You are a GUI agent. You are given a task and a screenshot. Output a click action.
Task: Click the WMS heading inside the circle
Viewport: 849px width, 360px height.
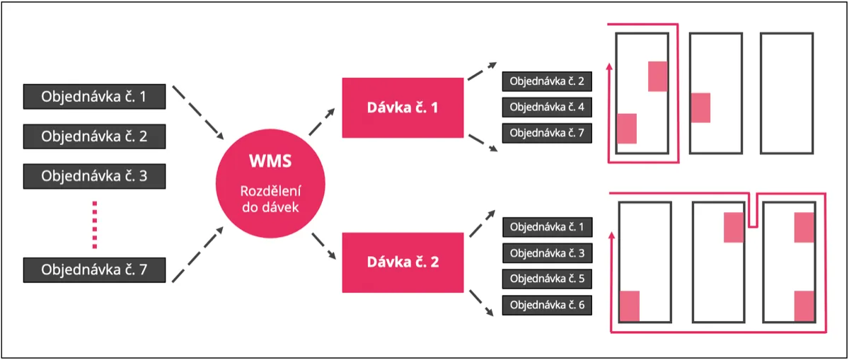pyautogui.click(x=270, y=161)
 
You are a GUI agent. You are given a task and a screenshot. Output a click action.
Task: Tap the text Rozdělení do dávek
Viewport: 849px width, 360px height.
pyautogui.click(x=270, y=199)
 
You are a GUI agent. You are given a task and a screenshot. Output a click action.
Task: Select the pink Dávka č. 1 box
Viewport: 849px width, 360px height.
pyautogui.click(x=403, y=108)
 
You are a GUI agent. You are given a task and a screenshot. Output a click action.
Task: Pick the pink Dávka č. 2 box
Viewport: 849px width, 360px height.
pyautogui.click(x=403, y=262)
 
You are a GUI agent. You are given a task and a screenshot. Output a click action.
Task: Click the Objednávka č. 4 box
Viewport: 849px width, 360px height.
pyautogui.click(x=547, y=108)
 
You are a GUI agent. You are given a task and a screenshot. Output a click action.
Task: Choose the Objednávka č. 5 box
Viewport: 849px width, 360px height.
pyautogui.click(x=548, y=279)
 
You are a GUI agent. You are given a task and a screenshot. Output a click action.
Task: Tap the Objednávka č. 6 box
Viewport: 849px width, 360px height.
pyautogui.click(x=548, y=305)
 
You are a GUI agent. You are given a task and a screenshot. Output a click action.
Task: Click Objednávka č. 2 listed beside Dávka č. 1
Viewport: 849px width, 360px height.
pyautogui.click(x=547, y=81)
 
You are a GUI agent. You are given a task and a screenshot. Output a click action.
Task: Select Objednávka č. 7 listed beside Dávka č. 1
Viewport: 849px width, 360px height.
pyautogui.click(x=547, y=133)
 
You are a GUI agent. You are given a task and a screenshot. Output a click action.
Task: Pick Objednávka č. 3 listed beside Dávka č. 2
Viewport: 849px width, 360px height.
pyautogui.click(x=548, y=252)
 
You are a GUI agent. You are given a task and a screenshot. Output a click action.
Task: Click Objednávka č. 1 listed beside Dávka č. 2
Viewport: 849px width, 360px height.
pyautogui.click(x=548, y=227)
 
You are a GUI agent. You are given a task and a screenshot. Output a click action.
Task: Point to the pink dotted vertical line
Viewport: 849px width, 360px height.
pyautogui.click(x=95, y=225)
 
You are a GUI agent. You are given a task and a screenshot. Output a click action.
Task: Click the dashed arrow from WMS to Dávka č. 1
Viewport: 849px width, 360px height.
pyautogui.click(x=322, y=122)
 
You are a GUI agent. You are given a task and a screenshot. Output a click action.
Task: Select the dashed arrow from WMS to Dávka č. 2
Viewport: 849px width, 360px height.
pyautogui.click(x=324, y=246)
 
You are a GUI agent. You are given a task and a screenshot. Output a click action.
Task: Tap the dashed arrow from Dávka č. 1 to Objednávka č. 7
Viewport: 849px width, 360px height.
pyautogui.click(x=483, y=143)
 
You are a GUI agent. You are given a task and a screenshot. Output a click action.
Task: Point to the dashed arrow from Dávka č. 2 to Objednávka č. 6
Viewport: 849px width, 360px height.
pyautogui.click(x=482, y=303)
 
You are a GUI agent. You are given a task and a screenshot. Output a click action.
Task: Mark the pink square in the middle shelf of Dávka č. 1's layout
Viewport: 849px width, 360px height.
pyautogui.click(x=701, y=108)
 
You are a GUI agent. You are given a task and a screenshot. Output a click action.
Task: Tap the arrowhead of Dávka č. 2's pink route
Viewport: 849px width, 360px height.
pyautogui.click(x=611, y=236)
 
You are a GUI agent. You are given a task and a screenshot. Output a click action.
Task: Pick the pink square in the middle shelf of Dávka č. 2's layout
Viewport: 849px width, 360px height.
pyautogui.click(x=734, y=227)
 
